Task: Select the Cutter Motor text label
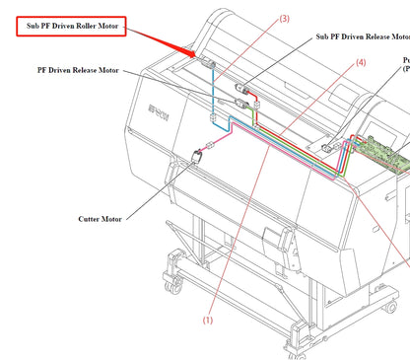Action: point(101,219)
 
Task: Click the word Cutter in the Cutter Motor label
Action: point(89,219)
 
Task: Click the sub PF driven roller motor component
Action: point(210,66)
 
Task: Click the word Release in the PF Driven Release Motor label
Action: point(85,71)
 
